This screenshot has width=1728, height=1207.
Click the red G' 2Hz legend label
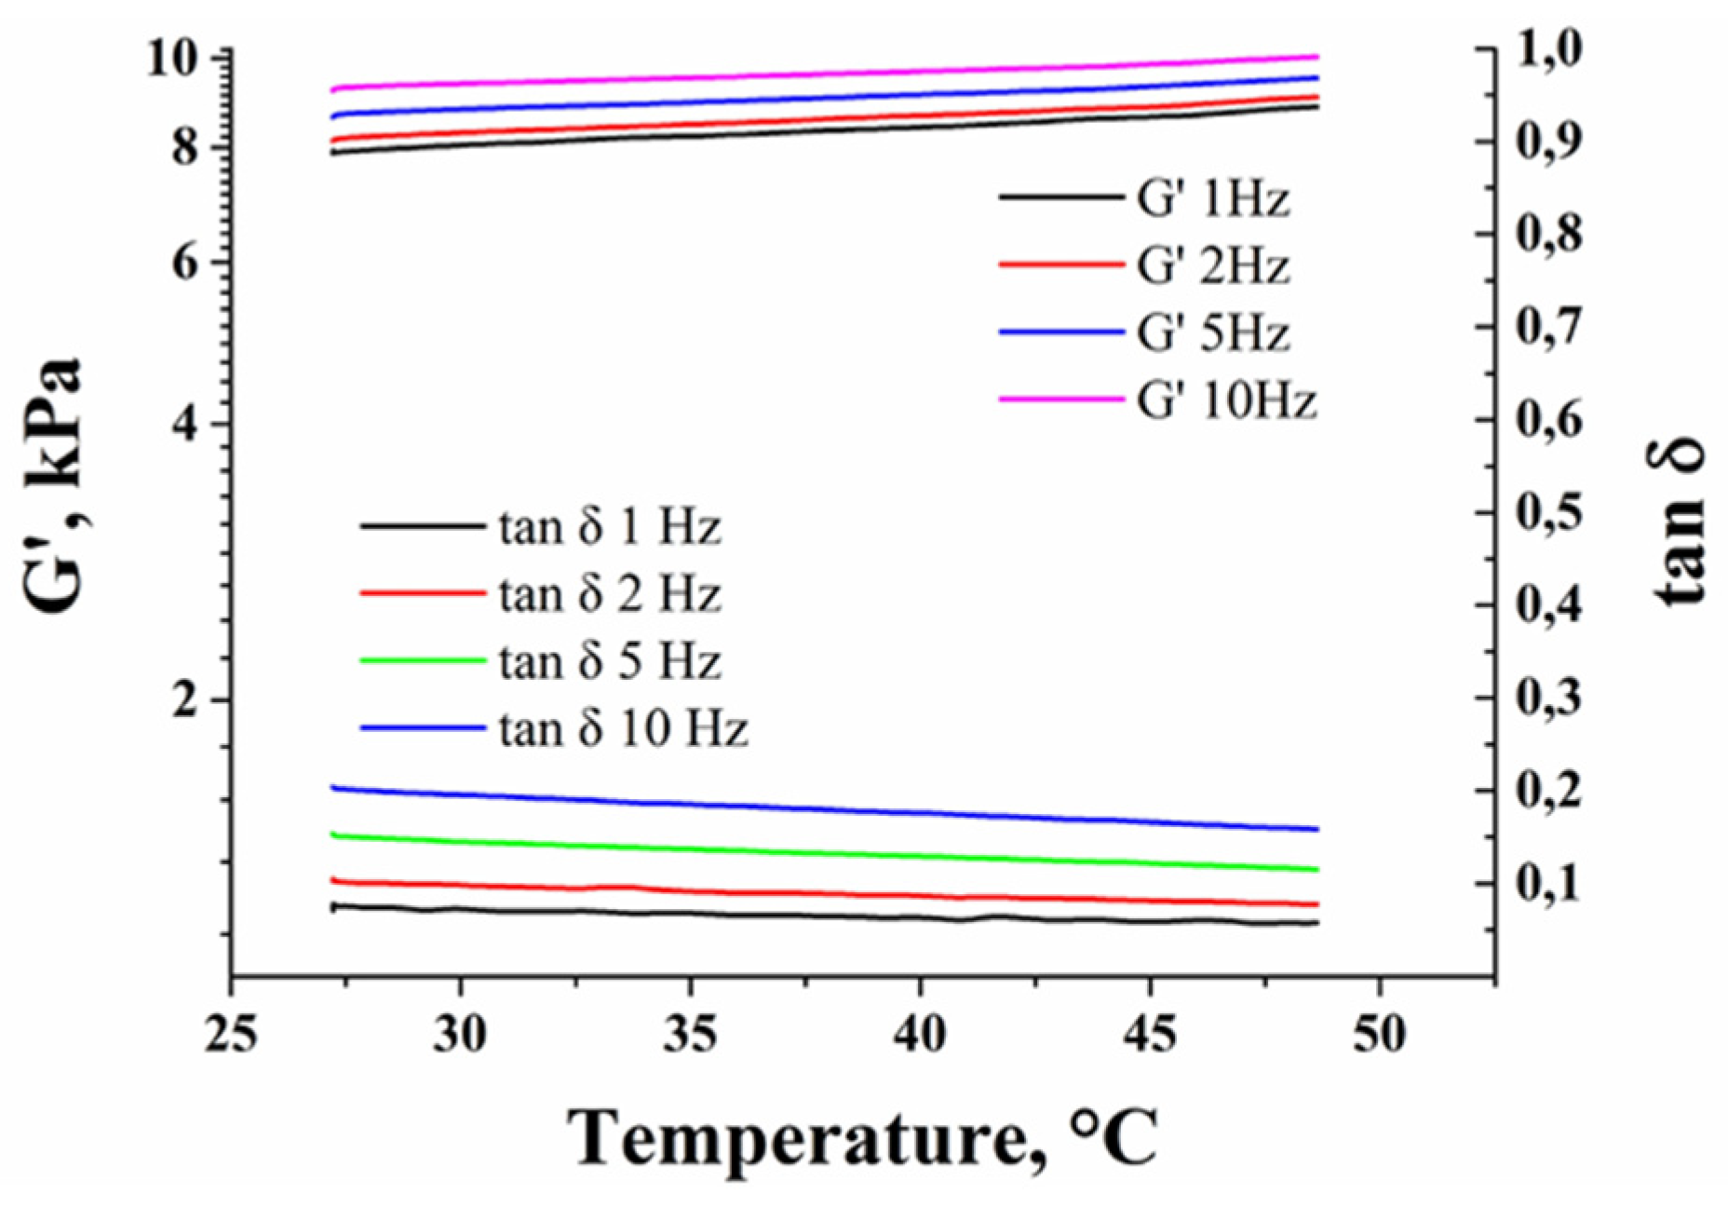coord(1212,266)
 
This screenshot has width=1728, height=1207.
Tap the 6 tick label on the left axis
coord(186,263)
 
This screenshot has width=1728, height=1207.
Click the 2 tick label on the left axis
coord(186,700)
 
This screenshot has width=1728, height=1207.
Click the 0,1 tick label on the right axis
coord(1549,883)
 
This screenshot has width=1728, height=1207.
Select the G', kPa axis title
coord(51,484)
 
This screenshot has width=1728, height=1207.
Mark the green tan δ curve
coord(838,852)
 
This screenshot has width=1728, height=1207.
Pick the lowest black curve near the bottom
coord(838,916)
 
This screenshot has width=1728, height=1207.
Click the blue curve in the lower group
coord(838,809)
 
